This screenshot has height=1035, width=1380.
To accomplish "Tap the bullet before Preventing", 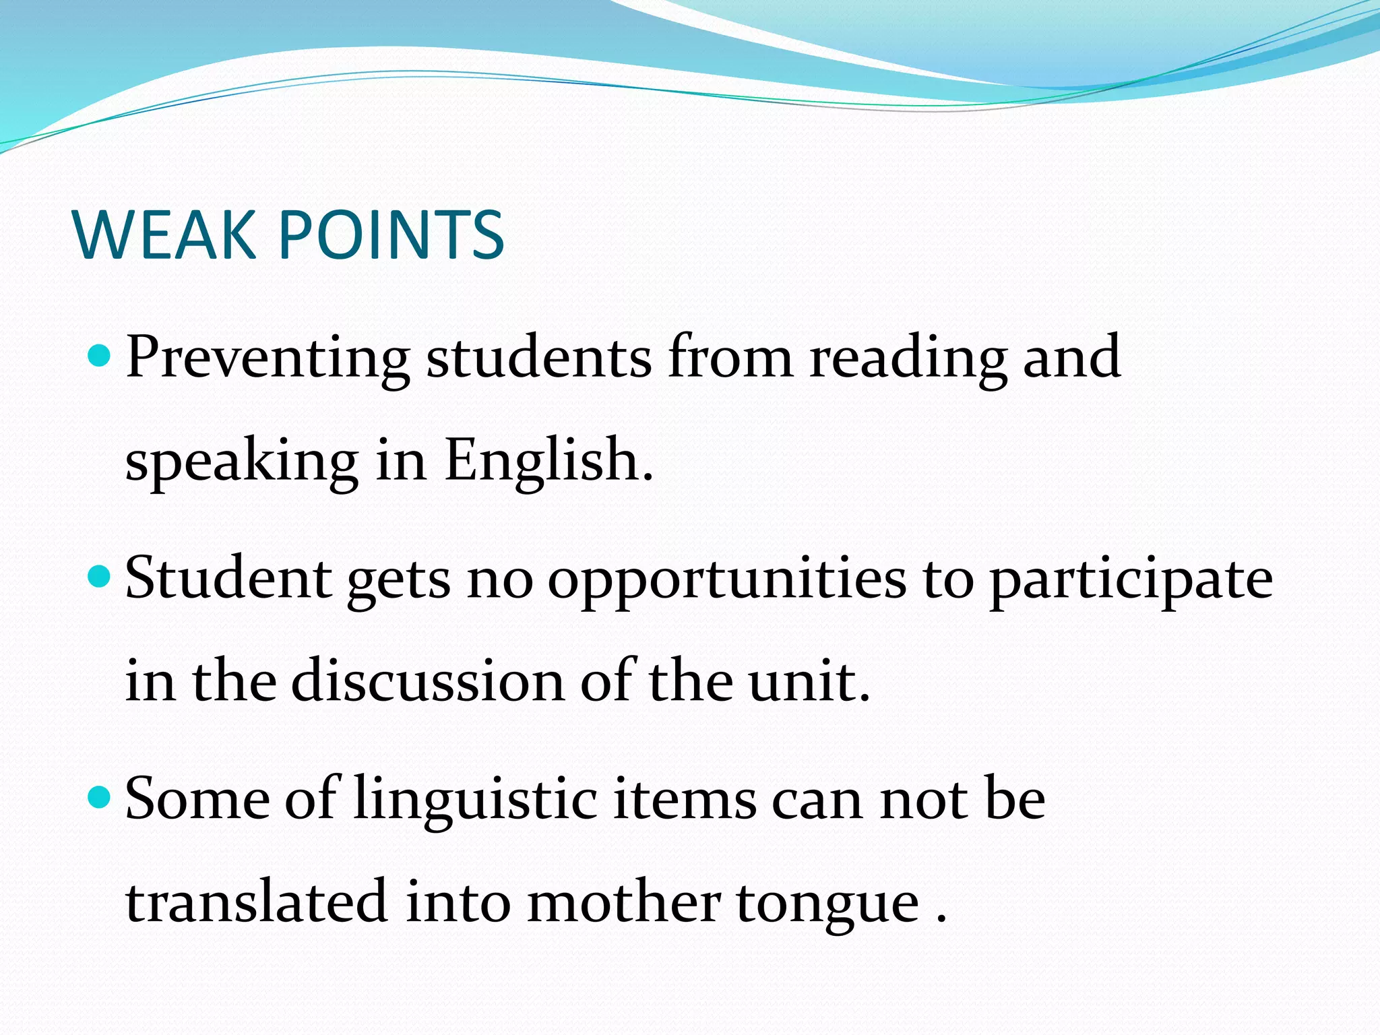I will coord(100,354).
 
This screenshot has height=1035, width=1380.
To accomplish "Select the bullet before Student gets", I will coord(100,576).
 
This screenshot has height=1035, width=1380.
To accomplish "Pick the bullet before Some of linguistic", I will coord(100,797).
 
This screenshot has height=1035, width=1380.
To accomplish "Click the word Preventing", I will coord(268,357).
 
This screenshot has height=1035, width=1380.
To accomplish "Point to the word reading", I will coord(908,357).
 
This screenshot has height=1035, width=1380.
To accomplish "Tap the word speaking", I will coord(242,461).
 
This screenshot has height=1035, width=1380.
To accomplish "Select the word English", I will coord(548,461).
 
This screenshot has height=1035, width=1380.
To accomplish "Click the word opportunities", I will coord(727,579).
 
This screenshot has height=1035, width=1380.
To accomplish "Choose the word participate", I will coord(1131,579).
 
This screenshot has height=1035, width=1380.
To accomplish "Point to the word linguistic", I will coord(476,801).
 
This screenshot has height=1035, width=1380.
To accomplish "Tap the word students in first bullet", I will coord(539,357).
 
